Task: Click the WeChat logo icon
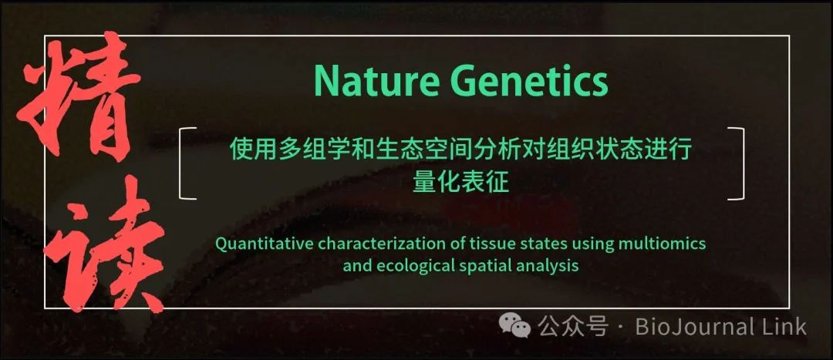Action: click(x=514, y=326)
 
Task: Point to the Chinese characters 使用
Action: click(x=252, y=150)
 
